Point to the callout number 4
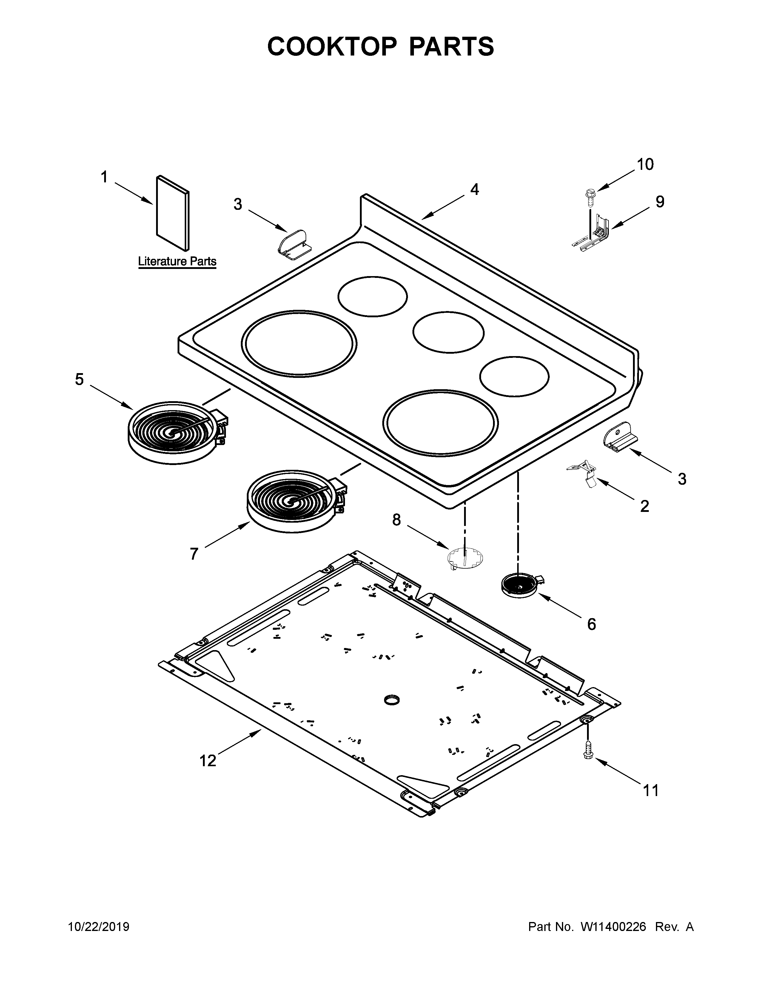pos(474,190)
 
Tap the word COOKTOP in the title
pos(332,47)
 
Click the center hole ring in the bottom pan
pos(392,700)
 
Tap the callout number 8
pos(396,520)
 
